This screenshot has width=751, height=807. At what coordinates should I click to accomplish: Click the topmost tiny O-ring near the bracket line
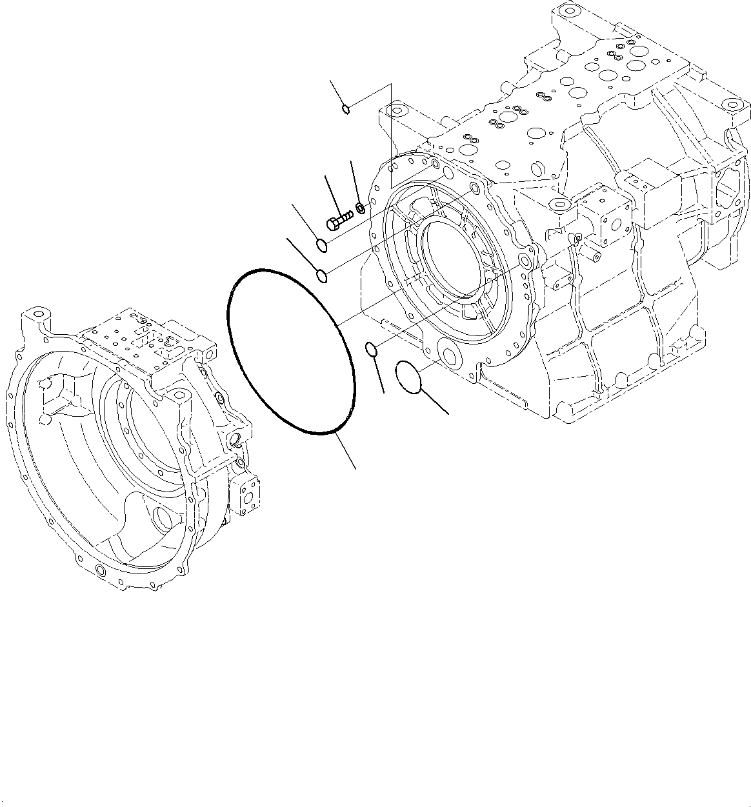346,108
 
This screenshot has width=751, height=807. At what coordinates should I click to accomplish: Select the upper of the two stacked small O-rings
322,245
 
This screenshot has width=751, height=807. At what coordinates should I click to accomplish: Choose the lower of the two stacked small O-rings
323,277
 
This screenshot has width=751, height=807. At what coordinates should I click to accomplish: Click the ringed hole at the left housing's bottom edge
99,570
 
